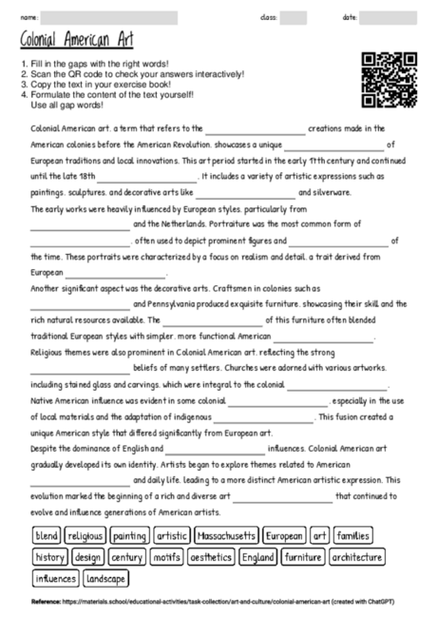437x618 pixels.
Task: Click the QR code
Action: (382, 80)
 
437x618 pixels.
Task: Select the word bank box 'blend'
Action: (47, 536)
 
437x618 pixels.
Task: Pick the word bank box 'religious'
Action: (85, 536)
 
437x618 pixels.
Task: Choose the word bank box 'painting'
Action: (129, 536)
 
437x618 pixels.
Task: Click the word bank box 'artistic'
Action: (172, 536)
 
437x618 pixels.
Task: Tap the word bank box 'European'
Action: (284, 536)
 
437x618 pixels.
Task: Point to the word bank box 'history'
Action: (49, 557)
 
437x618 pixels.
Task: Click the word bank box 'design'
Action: (88, 557)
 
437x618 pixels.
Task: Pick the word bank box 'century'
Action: (126, 557)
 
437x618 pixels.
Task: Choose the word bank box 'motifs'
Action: (165, 557)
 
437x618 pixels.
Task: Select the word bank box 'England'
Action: (258, 557)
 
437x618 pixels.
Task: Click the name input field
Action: (109, 17)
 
